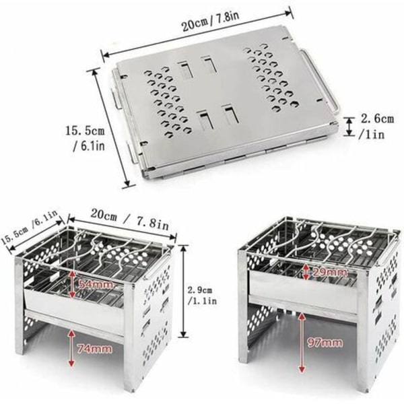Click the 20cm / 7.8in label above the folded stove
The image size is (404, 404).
211,21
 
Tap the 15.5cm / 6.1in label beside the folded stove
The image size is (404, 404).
85,139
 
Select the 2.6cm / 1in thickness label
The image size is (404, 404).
376,127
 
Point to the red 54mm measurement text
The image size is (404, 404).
96,284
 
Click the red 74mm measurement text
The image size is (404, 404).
94,349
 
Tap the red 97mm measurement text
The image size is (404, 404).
325,343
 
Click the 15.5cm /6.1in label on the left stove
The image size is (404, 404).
30,228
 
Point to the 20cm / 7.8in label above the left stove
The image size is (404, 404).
129,219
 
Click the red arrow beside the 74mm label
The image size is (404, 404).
71,348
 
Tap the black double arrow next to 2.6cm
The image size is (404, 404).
349,126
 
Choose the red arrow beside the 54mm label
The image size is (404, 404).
73,283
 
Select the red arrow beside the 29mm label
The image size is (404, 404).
306,272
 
